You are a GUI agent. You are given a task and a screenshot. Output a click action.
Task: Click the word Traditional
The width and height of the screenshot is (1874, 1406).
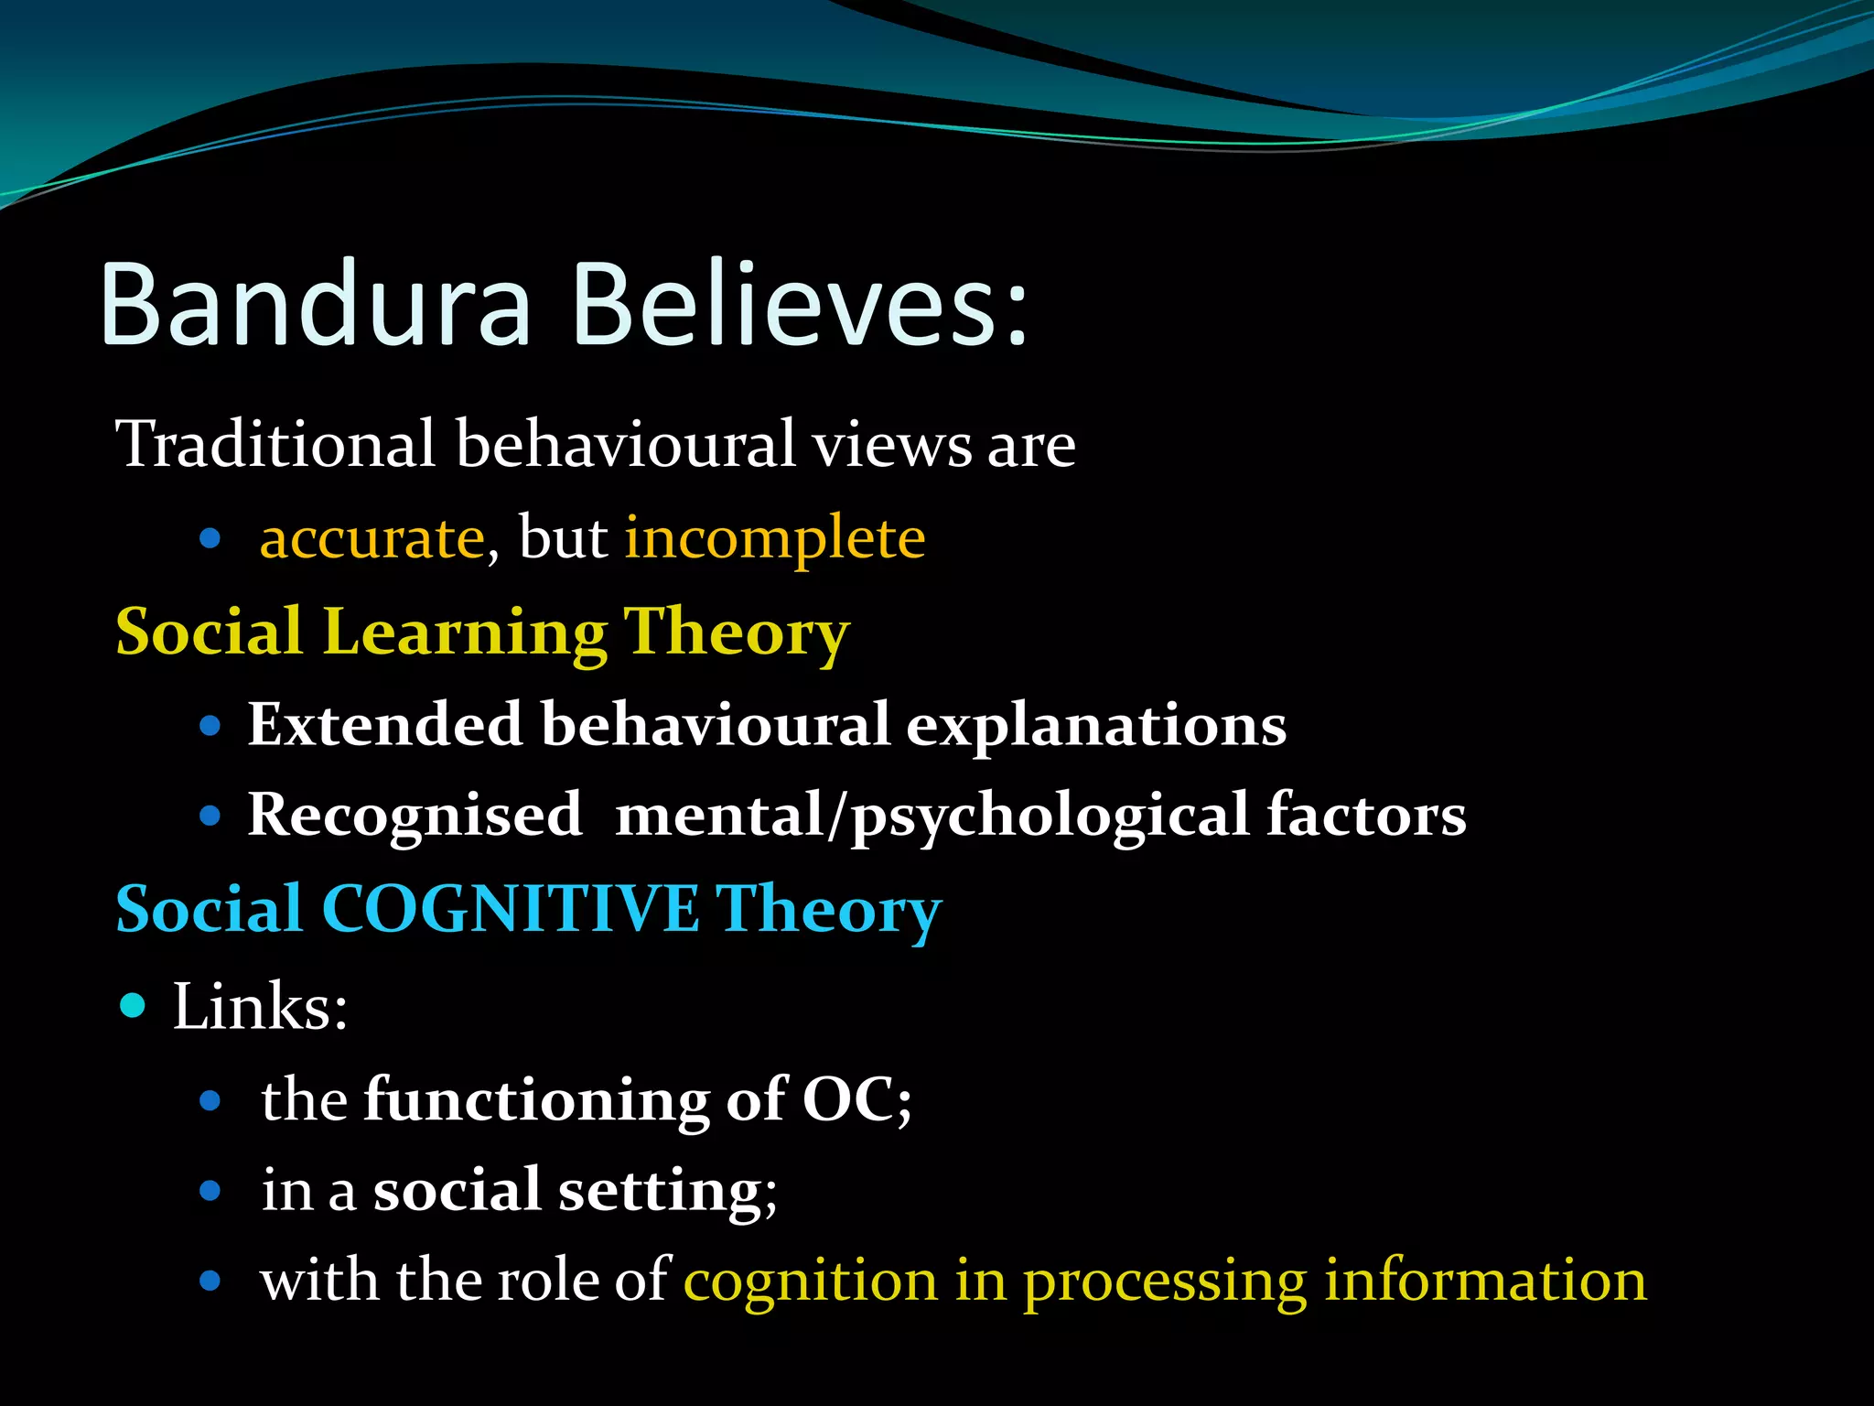coord(275,444)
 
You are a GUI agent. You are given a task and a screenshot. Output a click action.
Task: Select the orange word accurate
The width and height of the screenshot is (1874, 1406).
coord(372,538)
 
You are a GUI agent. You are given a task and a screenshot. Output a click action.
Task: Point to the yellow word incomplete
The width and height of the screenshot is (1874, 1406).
coord(774,538)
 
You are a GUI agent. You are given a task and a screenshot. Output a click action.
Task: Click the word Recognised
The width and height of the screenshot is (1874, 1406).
coord(415,815)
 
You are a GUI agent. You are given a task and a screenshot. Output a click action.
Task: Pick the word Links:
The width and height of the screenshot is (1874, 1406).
coord(260,1007)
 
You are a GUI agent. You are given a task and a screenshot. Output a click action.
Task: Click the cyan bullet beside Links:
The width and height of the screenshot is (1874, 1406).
coord(133,1006)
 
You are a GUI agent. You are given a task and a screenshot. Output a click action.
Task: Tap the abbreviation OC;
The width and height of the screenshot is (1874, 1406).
coord(856,1098)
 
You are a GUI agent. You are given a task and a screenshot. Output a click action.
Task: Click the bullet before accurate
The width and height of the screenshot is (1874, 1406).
coord(210,538)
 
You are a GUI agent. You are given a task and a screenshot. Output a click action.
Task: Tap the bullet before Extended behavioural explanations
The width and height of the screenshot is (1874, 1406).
coord(210,726)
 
